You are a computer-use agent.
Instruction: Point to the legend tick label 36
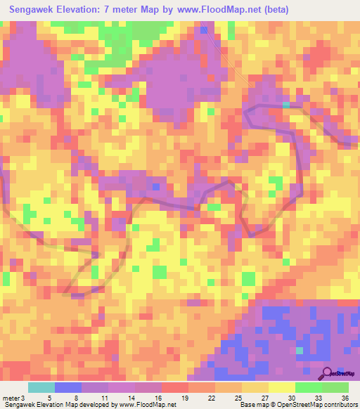[344, 397]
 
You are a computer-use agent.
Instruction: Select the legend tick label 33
[317, 397]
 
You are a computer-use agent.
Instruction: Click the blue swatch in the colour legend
[68, 387]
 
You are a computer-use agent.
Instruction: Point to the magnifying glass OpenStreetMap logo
[327, 373]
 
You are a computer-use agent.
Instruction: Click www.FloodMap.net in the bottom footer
[147, 405]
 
